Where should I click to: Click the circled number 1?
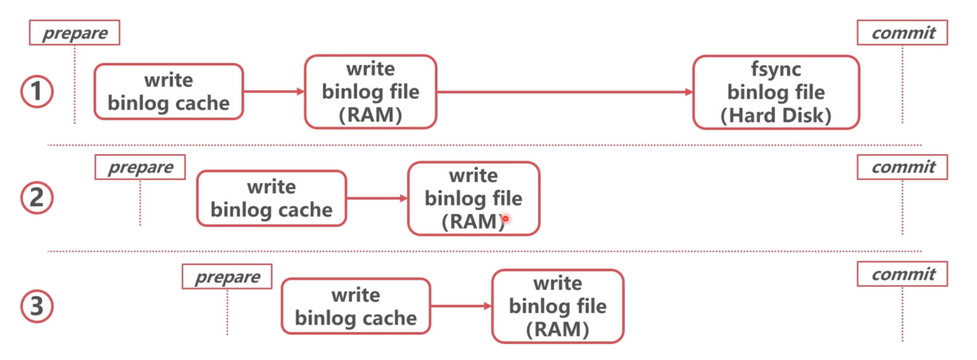[37, 91]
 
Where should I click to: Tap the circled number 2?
[37, 198]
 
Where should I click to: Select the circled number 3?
[37, 306]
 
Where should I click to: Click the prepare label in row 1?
[74, 33]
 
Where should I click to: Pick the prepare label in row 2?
[140, 167]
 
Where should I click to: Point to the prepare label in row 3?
[227, 276]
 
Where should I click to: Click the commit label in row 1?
[902, 33]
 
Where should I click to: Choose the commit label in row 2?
[902, 167]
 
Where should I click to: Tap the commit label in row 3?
[902, 274]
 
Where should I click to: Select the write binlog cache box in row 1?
[169, 91]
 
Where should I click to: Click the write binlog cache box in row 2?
[272, 198]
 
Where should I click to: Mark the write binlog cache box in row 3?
[356, 306]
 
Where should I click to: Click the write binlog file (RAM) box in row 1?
[371, 91]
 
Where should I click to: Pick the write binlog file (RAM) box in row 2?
[474, 198]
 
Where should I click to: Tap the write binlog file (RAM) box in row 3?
[558, 306]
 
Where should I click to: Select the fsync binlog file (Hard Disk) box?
[776, 92]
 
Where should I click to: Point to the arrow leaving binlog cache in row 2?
[377, 198]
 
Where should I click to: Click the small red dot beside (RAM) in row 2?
[506, 218]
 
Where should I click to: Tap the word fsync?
[776, 69]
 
